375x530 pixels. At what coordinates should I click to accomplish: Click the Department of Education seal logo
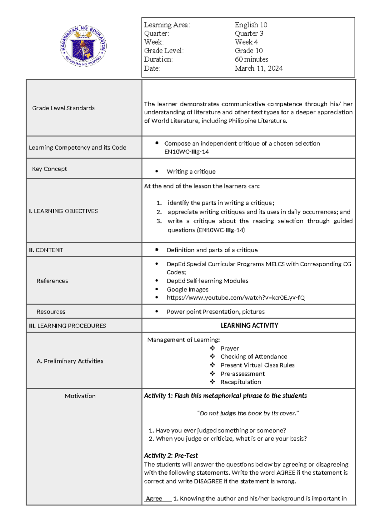(x=83, y=46)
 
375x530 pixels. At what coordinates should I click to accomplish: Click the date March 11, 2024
(x=258, y=68)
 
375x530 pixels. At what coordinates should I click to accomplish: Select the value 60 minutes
(x=251, y=59)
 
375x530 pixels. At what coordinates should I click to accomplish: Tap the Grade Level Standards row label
(x=63, y=108)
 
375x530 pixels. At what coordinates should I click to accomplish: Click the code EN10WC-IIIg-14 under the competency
(x=187, y=152)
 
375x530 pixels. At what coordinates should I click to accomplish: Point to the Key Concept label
(x=49, y=169)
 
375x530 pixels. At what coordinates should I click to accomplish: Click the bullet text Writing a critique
(x=191, y=172)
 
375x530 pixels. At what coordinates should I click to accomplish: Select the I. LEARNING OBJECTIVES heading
(x=63, y=211)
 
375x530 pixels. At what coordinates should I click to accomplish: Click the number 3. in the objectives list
(x=159, y=221)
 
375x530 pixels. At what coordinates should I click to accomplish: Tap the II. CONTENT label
(x=46, y=250)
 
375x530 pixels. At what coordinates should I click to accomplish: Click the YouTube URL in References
(x=235, y=298)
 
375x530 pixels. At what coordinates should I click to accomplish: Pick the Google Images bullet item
(x=187, y=289)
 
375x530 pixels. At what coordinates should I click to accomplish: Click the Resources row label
(x=51, y=312)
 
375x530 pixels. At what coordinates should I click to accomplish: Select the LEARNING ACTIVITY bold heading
(x=249, y=326)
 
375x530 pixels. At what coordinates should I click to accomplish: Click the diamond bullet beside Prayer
(x=212, y=348)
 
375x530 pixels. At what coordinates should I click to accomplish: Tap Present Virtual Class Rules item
(x=257, y=365)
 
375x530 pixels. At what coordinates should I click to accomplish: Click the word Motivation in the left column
(x=80, y=396)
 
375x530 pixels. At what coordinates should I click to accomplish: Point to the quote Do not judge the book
(x=248, y=413)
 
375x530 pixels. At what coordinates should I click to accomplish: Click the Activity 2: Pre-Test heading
(x=171, y=456)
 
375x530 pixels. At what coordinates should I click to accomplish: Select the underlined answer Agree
(x=154, y=499)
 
